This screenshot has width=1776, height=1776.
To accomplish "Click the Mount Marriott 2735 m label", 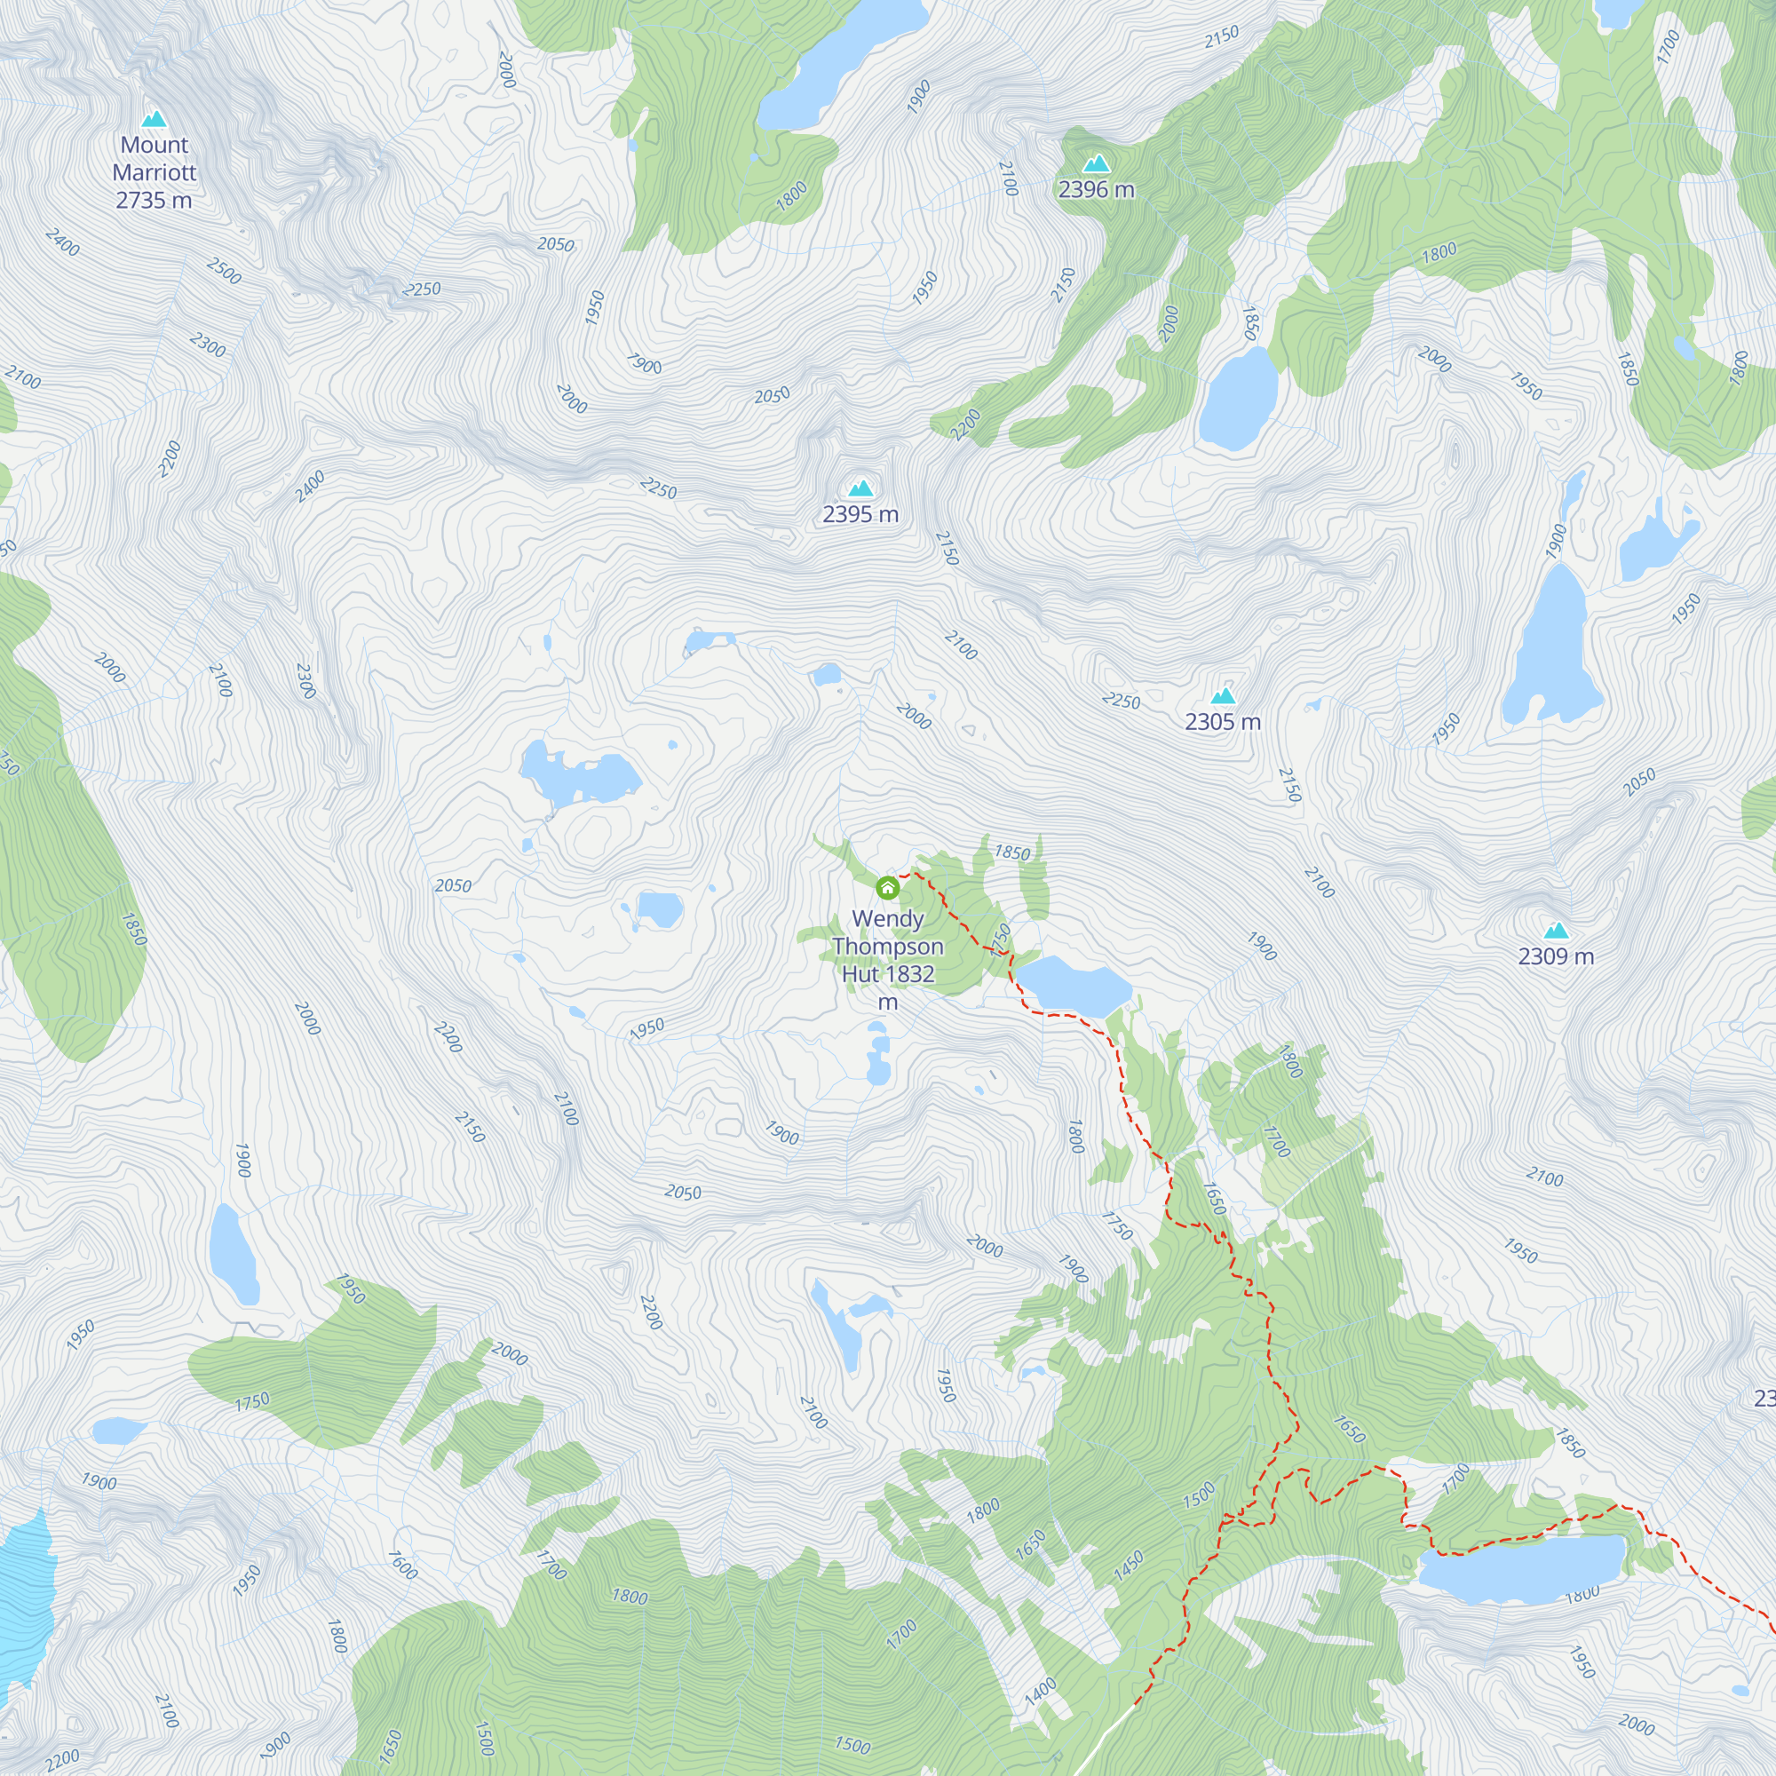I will [155, 172].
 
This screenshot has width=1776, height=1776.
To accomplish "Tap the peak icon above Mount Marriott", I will [155, 119].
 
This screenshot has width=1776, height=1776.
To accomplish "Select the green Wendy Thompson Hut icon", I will [887, 888].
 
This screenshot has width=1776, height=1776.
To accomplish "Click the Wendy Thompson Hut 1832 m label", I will [887, 960].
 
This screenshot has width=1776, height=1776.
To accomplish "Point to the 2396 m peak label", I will [1096, 189].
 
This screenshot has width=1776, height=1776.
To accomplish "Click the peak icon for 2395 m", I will [860, 488].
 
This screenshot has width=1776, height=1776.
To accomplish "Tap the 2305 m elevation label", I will [1223, 722].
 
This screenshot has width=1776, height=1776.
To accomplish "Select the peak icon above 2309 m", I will [1556, 931].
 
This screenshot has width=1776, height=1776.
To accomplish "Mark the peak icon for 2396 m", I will [1096, 164].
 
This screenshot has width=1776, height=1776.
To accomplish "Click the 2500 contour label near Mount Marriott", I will [225, 271].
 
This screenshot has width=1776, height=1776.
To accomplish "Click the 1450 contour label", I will [1129, 1566].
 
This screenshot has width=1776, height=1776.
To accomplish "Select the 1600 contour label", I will [402, 1566].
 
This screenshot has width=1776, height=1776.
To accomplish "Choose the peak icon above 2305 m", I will [1223, 696].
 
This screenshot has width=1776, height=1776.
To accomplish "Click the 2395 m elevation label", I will [860, 514].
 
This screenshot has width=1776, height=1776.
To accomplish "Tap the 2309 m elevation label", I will [1556, 956].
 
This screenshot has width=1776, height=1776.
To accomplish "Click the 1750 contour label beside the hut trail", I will [1001, 940].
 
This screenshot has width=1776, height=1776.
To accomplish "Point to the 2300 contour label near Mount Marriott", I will [208, 345].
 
